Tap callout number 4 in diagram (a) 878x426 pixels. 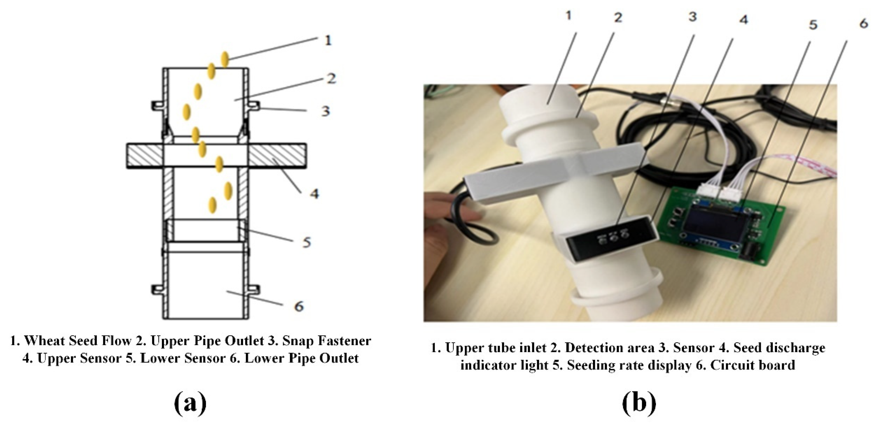pos(314,194)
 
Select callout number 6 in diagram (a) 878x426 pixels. pos(299,306)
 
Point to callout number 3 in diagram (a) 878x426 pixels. pos(325,111)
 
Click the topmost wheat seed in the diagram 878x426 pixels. pos(224,59)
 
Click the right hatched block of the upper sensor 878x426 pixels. pos(277,156)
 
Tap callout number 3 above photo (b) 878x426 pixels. pos(692,17)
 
